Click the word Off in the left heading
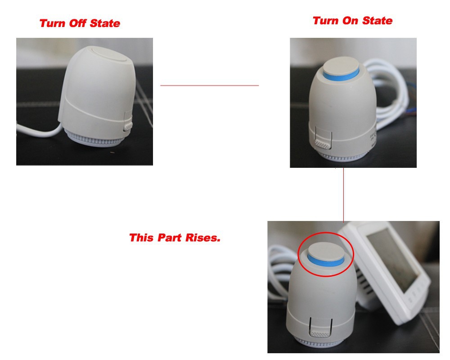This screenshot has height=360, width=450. [x=77, y=23]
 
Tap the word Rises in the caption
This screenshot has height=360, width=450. [x=203, y=238]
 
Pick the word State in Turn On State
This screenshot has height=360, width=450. [x=377, y=21]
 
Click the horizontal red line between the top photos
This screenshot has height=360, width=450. [x=210, y=85]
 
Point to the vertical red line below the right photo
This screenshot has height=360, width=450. [x=343, y=195]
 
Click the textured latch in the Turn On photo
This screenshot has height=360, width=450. [x=323, y=144]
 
